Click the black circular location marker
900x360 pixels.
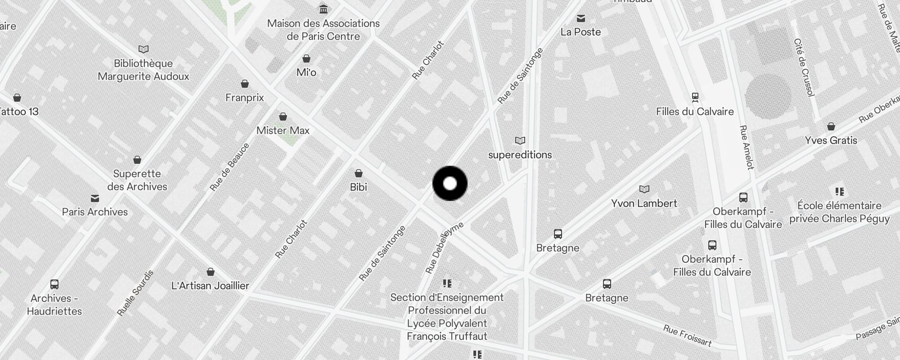[450, 184]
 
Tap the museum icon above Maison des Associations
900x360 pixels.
[323, 9]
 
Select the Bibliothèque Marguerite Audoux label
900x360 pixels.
[144, 70]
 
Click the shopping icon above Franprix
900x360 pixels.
[245, 84]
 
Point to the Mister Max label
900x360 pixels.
[283, 130]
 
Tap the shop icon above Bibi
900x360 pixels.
[359, 173]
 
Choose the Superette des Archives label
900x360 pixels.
[137, 180]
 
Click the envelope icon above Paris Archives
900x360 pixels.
[95, 198]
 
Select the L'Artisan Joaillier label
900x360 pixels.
[210, 286]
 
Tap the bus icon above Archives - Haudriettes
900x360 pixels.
[54, 284]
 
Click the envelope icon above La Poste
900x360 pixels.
[581, 18]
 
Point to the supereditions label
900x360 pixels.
[520, 155]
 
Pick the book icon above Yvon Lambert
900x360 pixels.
[644, 189]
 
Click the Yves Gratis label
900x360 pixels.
[831, 140]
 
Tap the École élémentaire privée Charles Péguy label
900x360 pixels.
[839, 212]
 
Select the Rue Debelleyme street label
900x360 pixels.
[444, 247]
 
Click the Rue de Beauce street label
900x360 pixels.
[229, 167]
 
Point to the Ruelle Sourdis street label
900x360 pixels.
[135, 293]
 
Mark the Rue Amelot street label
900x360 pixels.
[746, 148]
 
